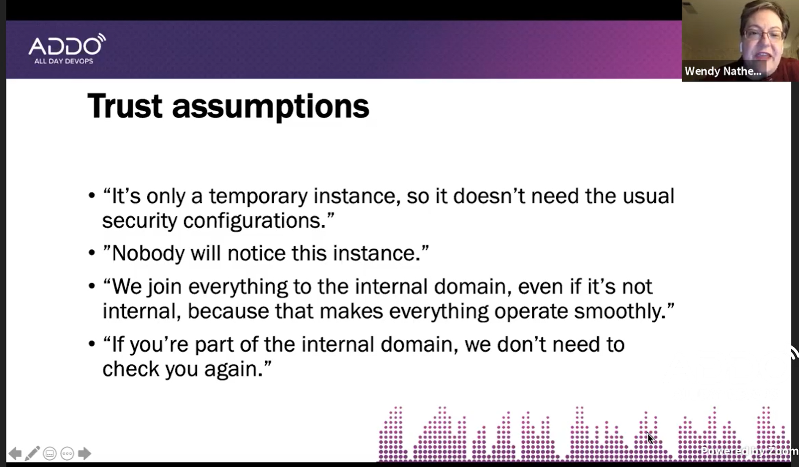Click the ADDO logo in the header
(x=67, y=49)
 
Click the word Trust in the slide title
(x=125, y=106)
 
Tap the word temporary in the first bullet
(x=258, y=197)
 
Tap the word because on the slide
(x=228, y=311)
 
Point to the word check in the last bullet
(x=131, y=369)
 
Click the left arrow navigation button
(x=15, y=453)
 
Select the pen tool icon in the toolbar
(x=32, y=453)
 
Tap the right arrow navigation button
(x=84, y=453)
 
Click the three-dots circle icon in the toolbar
(x=67, y=453)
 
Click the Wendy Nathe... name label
(x=723, y=71)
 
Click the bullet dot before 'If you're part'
(x=92, y=344)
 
